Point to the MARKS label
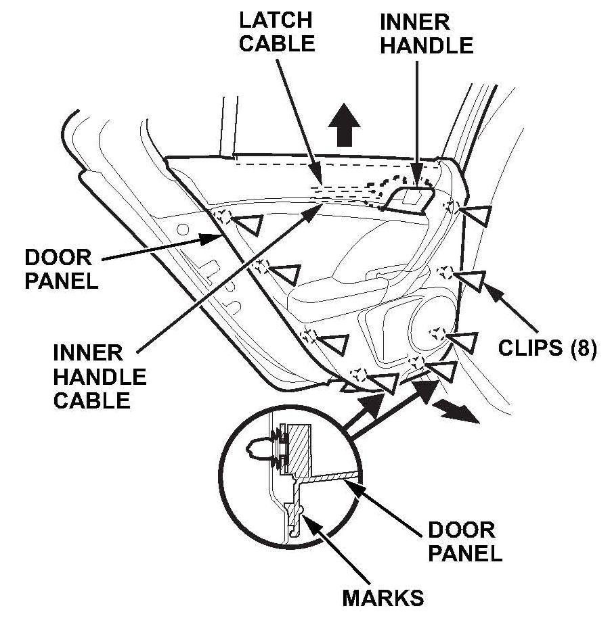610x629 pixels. coord(383,598)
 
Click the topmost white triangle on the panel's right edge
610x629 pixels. coord(476,215)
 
